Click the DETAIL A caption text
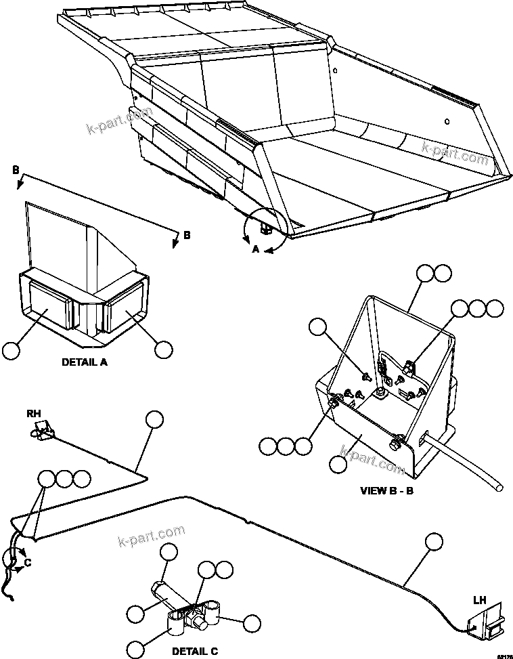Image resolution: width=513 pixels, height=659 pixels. point(85,362)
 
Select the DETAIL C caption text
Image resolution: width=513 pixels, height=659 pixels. point(194,651)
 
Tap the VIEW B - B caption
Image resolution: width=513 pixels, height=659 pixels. point(387,490)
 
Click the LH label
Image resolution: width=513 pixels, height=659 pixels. point(479,600)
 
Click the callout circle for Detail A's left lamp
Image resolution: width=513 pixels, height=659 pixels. point(11,350)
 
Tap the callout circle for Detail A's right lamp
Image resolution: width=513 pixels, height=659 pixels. point(163,350)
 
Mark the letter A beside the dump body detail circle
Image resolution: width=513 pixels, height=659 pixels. point(255,249)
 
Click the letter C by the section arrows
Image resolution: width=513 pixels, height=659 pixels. point(27,562)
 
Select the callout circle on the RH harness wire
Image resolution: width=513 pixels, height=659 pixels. point(154,420)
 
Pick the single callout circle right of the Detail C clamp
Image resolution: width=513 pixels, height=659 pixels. point(252,623)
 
